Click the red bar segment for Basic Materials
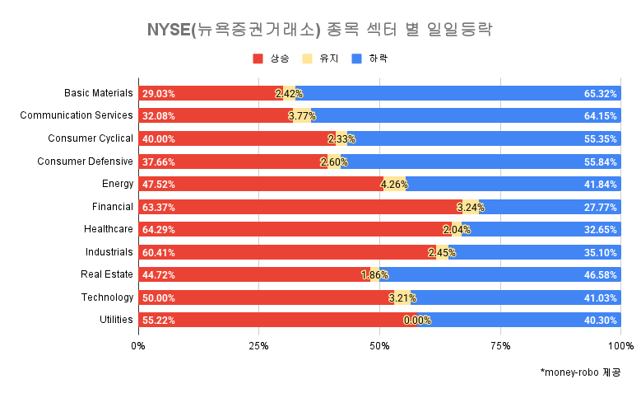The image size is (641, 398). tap(210, 94)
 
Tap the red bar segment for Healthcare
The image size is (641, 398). tap(292, 229)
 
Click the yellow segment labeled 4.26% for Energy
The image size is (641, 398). tap(395, 184)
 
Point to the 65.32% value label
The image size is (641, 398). tap(600, 94)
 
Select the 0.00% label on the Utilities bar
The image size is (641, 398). tap(417, 321)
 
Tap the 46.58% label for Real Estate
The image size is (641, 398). tap(600, 274)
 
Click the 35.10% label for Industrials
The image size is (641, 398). tap(600, 252)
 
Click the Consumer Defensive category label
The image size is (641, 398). tap(85, 162)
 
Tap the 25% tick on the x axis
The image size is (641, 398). tap(259, 345)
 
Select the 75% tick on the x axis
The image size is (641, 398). tap(500, 345)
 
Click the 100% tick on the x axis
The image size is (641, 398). tap(620, 345)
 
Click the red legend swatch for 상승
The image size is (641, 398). tap(258, 59)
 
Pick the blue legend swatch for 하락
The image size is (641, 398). tap(356, 59)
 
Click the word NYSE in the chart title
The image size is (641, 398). tap(168, 30)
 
